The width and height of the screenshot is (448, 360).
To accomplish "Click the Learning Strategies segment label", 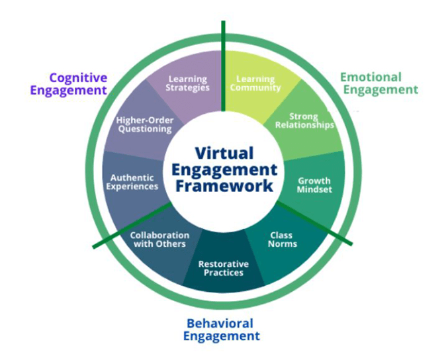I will point(189,83).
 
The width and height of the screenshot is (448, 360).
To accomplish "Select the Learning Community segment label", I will point(255,83).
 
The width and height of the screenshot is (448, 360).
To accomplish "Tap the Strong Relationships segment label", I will point(303,121).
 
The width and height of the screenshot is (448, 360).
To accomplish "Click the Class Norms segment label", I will point(283,239).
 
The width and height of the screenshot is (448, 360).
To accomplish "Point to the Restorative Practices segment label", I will point(221,267).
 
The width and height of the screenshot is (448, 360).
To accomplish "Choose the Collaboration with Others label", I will point(159,239).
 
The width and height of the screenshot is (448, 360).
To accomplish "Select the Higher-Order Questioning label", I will point(144,124).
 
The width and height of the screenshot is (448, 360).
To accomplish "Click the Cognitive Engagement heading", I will point(78,83).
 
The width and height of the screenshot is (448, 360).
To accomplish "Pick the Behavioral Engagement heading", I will point(220,330).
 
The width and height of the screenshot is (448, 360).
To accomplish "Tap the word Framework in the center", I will point(224,185).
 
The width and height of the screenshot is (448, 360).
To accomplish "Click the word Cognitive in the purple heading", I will point(78,77).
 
